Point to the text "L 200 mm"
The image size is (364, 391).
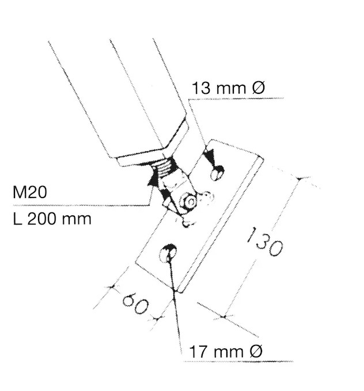pos(52,219)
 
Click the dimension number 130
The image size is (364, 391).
pos(263,241)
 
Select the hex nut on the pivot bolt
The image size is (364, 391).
pos(188,201)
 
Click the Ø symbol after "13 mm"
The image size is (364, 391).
pos(257,89)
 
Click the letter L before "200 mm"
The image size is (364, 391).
pos(17,219)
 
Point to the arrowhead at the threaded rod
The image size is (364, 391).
pos(153,177)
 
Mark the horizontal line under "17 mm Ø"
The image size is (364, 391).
pos(236,362)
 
